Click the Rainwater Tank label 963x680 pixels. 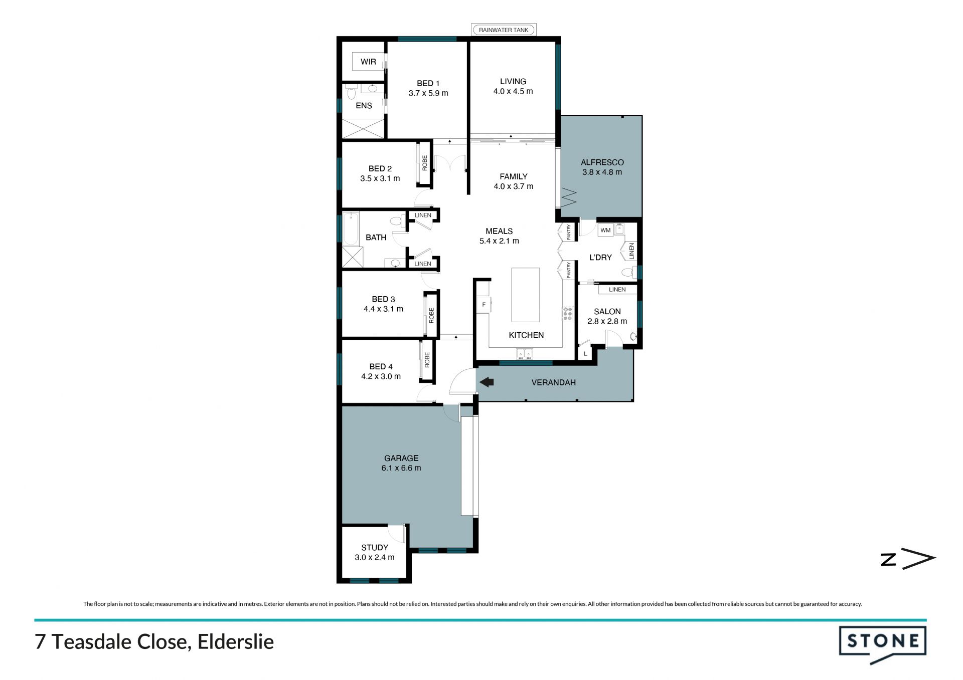(x=504, y=30)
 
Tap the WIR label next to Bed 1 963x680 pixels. (x=368, y=62)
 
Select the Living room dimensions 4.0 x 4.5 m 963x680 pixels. (x=513, y=91)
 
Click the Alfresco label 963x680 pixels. (x=602, y=162)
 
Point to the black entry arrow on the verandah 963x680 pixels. (x=487, y=382)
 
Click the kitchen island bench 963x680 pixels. (x=526, y=295)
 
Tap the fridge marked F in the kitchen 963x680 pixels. (x=484, y=305)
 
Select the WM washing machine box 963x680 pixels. (x=605, y=230)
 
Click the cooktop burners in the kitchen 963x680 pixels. (x=567, y=314)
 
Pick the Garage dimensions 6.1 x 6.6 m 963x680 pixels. (x=401, y=468)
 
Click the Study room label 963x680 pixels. (x=375, y=548)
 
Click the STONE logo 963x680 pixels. (x=883, y=644)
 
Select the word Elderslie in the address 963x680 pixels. (x=236, y=642)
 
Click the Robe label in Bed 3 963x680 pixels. (x=431, y=315)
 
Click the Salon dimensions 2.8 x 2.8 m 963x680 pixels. (x=607, y=321)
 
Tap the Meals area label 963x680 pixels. (x=499, y=231)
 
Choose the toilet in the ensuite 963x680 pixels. (x=352, y=93)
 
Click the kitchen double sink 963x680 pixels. (x=525, y=354)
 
